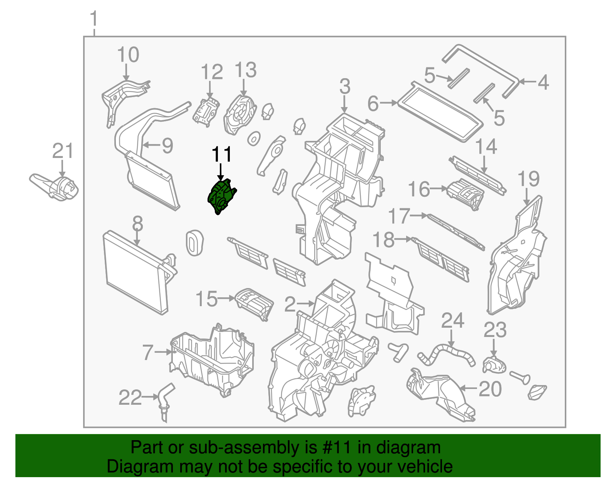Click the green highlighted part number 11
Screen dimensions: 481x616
click(x=221, y=197)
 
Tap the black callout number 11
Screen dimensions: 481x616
click(x=222, y=155)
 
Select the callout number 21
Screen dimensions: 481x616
click(x=63, y=151)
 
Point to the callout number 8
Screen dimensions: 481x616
click(x=137, y=224)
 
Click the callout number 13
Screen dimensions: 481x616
click(x=245, y=70)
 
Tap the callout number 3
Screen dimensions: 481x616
click(x=345, y=87)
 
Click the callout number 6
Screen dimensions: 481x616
click(x=373, y=104)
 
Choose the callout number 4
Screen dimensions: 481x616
click(x=543, y=82)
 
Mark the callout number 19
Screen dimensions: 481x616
click(x=529, y=179)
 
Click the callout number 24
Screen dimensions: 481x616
click(x=452, y=321)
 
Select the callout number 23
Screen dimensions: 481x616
click(x=495, y=330)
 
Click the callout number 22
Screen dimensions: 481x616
click(x=130, y=398)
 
